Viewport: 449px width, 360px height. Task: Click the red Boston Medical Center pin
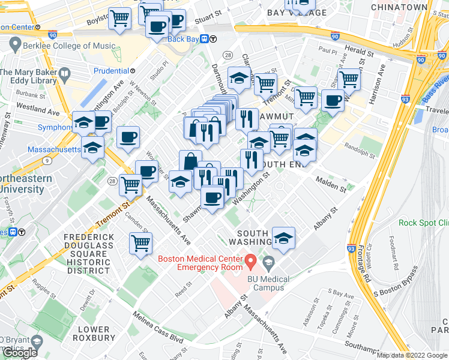[252, 262]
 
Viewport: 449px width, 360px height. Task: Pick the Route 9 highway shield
[46, 160]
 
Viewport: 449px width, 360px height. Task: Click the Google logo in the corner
[19, 352]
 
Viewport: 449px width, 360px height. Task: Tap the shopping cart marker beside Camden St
[140, 244]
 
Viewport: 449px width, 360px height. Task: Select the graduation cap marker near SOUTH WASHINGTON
[283, 239]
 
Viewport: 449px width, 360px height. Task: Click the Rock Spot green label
[423, 223]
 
